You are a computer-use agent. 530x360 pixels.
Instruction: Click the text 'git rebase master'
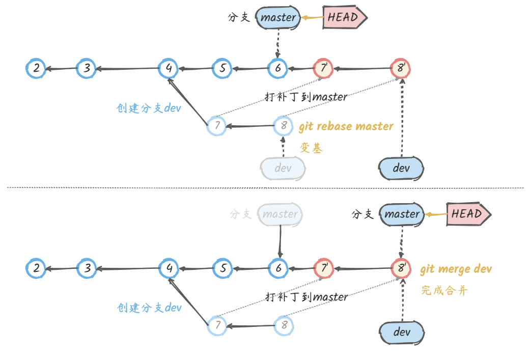[346, 126]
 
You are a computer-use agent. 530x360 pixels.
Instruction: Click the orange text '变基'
[311, 148]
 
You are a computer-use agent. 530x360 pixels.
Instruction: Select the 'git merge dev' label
[456, 269]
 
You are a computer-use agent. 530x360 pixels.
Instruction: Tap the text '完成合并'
[443, 291]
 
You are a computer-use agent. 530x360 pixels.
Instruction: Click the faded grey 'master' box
[280, 214]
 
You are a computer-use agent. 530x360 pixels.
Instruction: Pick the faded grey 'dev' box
[283, 168]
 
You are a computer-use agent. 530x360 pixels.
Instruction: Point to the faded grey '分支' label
[241, 214]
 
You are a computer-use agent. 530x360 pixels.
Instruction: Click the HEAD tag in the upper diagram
[344, 17]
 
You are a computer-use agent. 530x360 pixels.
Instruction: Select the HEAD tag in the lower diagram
[467, 214]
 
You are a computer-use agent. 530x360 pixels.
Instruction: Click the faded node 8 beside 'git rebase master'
[283, 125]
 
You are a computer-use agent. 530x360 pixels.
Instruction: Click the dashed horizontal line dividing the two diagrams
[265, 188]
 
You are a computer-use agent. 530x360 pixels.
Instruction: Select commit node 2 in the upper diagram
[36, 68]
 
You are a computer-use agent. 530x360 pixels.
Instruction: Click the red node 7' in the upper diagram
[323, 68]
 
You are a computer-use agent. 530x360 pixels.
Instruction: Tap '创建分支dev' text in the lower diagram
[149, 308]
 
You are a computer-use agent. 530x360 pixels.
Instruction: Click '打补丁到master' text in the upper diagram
[306, 96]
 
